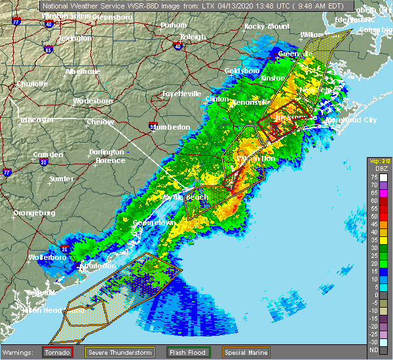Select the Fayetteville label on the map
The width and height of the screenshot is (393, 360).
coord(181,94)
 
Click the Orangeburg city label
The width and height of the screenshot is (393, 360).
coord(37,213)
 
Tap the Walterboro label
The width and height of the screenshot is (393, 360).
coord(47,257)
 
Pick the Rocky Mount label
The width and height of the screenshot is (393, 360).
coord(267,26)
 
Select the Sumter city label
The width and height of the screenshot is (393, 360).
coord(61,178)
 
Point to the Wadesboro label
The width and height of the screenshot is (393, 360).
coord(93,101)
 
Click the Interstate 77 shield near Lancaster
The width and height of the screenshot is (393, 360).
coord(7,173)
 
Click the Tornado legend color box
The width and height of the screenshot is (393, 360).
coord(48,352)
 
